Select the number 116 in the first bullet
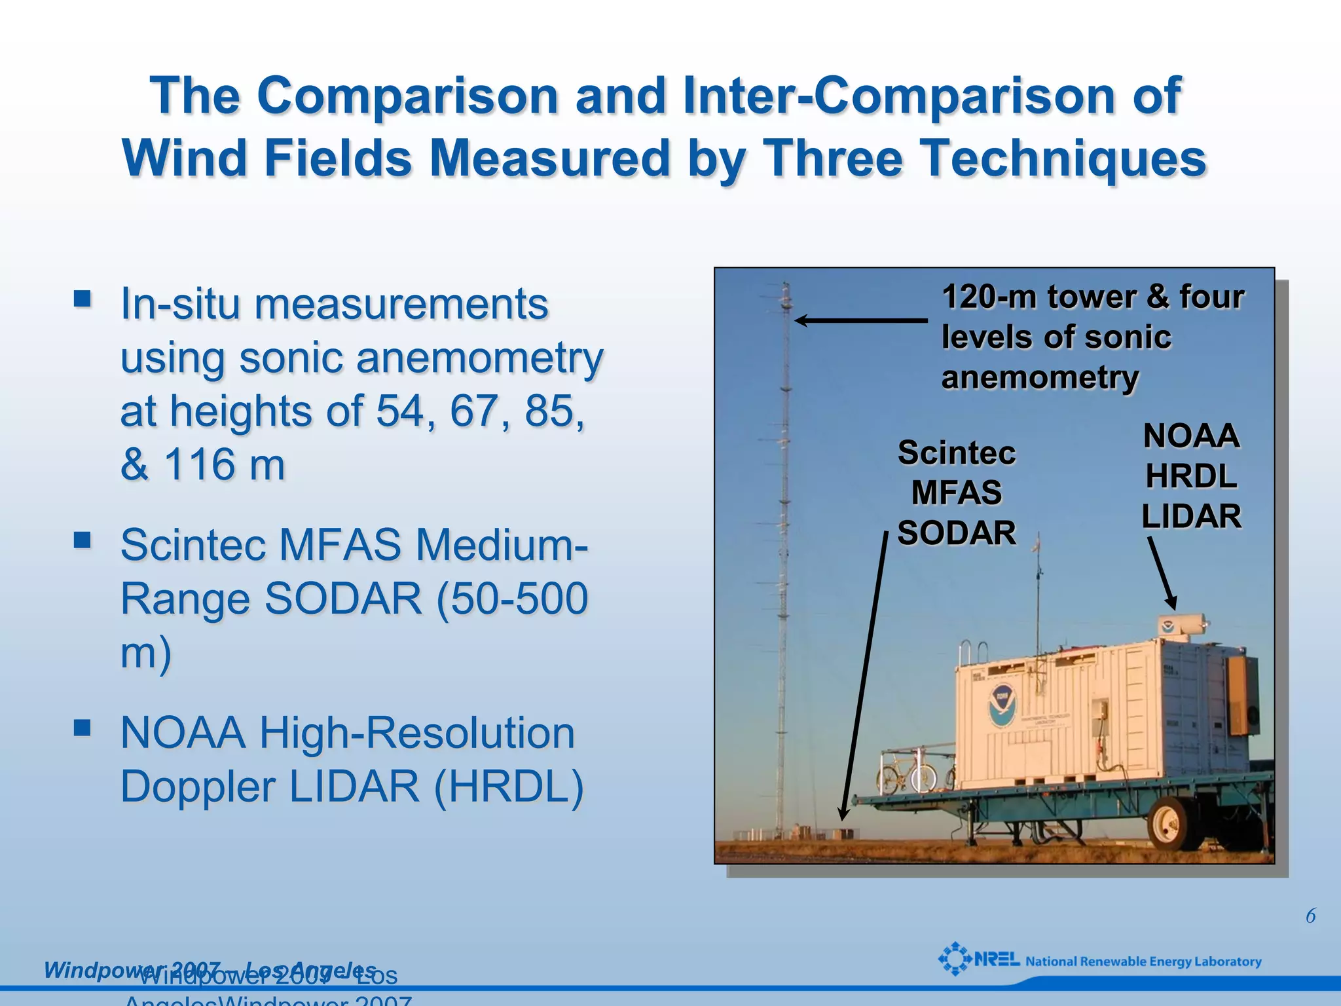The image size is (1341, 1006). [199, 464]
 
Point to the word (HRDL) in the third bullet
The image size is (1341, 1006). [508, 786]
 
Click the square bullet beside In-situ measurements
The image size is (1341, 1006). [83, 299]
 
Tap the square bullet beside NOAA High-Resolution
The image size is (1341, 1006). [83, 728]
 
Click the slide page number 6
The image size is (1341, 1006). [1310, 916]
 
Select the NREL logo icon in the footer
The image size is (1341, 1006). [955, 959]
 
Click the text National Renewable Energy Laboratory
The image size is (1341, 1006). [1143, 961]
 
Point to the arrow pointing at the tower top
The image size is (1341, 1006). [860, 320]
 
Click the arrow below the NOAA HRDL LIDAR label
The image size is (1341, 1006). [1162, 574]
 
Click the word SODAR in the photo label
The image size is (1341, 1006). [956, 532]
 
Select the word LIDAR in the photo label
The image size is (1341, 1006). [1191, 516]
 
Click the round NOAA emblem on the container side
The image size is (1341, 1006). [1002, 705]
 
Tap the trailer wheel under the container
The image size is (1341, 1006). [1171, 824]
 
